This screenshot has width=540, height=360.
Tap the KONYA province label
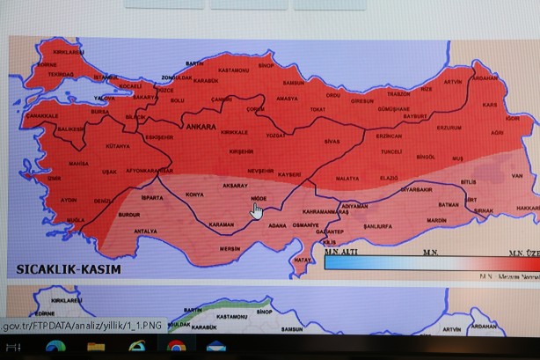pos(194,194)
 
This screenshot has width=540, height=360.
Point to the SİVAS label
pos(332,141)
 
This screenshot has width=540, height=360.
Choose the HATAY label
pos(303,260)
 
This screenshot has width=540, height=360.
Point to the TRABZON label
pos(398,93)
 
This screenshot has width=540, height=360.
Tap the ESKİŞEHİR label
pos(159,137)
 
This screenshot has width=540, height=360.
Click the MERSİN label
pos(230,248)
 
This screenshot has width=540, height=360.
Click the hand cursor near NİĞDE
pos(257,211)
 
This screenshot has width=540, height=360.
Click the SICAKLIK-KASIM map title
pos(69,268)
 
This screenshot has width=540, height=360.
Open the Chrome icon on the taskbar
pos(176,347)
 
